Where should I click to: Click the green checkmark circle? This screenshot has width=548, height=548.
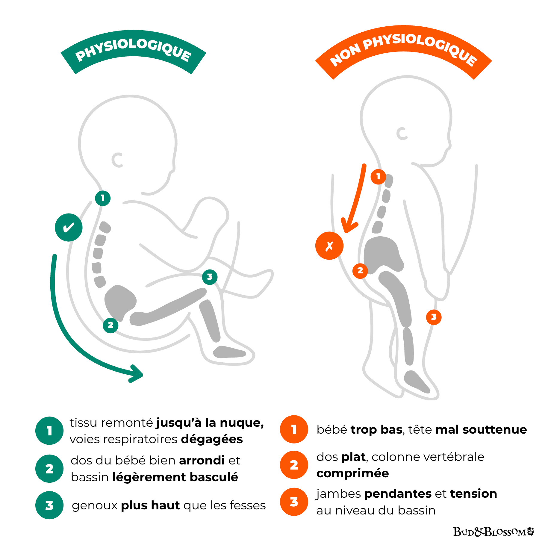coord(69,227)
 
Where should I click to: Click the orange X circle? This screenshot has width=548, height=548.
coord(329,246)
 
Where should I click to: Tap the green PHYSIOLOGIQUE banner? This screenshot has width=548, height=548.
coord(133,51)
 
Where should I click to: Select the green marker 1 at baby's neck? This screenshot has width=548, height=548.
coord(103,198)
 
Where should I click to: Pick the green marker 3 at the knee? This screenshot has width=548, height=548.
coord(210,277)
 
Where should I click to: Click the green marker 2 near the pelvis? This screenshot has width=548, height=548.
coord(110,325)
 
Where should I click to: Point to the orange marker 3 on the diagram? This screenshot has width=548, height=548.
coord(434,317)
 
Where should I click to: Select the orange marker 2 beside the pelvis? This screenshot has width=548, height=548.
coord(360,271)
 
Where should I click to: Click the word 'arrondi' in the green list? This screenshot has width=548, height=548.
coord(202,460)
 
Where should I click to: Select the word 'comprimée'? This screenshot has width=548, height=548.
coord(352,473)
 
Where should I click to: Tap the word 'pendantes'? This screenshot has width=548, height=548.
coord(398,493)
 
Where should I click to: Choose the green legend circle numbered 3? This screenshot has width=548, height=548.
coord(49,505)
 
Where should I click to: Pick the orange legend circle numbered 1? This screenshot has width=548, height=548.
coord(294,429)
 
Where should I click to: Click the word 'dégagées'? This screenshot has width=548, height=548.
coord(212,439)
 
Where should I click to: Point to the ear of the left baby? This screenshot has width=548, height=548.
coord(117,160)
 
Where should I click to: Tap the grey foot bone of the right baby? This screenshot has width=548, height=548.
coord(416,382)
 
